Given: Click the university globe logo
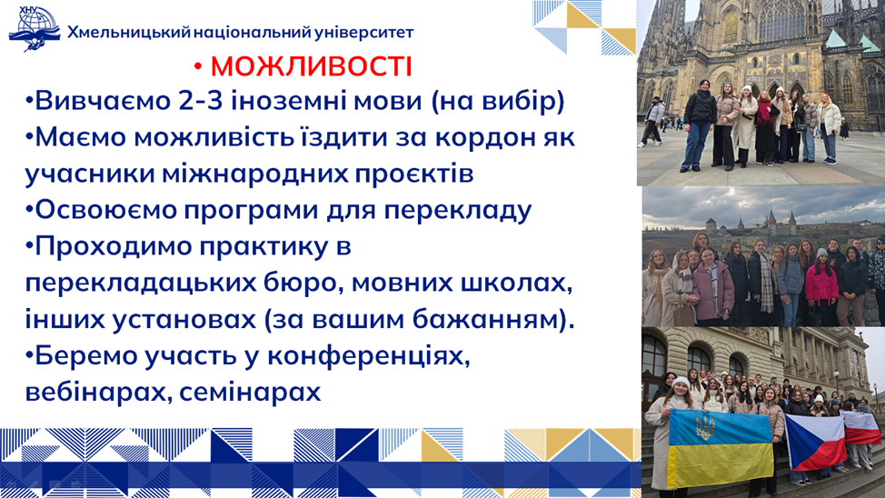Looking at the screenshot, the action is [34, 29].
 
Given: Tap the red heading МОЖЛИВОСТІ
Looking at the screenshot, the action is [311, 66].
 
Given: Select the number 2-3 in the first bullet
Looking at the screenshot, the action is [201, 101].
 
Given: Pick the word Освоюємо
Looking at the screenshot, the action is [105, 210].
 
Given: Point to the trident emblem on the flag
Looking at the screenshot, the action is [704, 427].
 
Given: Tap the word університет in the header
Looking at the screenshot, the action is [363, 33].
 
